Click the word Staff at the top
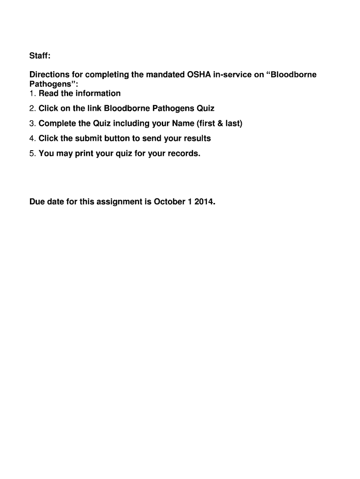click(x=39, y=56)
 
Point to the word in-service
click(x=237, y=75)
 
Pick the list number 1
click(x=32, y=94)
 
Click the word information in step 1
click(x=98, y=94)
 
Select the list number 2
click(x=32, y=109)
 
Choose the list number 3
click(x=32, y=123)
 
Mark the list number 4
click(x=32, y=138)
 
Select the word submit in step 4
click(x=89, y=138)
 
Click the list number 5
click(x=32, y=153)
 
